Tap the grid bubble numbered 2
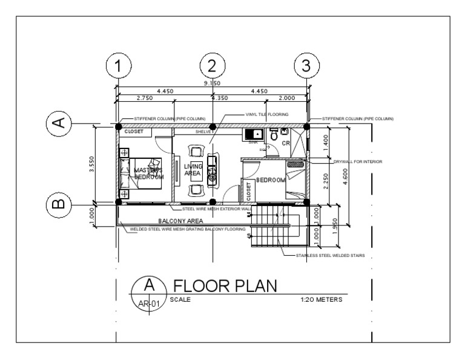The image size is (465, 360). tap(212, 66)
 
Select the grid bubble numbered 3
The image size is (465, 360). tap(306, 66)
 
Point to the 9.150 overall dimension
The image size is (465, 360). tap(212, 83)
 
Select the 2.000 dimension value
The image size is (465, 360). tap(287, 98)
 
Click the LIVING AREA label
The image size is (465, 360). tap(193, 170)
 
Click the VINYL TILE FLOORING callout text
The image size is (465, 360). tap(266, 114)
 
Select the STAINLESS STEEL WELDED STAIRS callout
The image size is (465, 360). tap(330, 256)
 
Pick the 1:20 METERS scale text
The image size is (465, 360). tap(321, 299)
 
